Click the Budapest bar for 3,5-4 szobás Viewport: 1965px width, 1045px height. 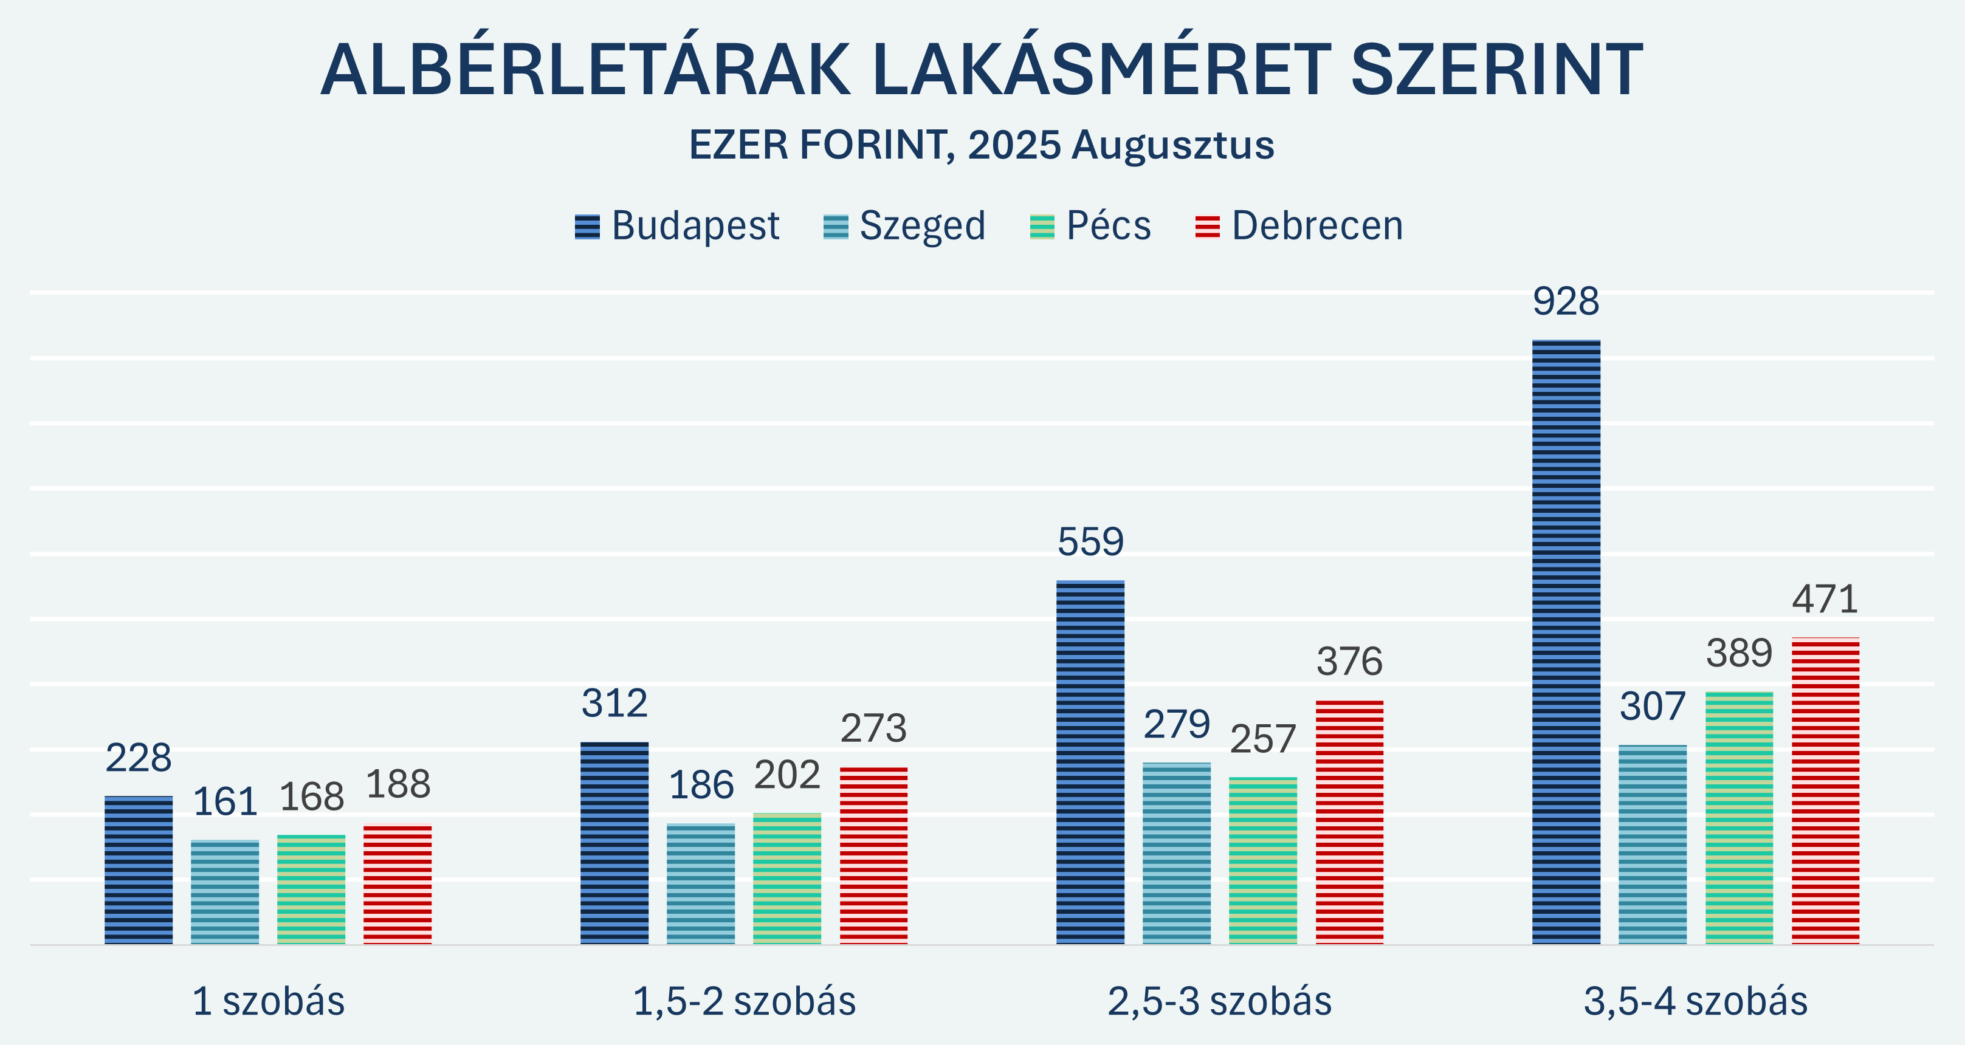tap(1566, 642)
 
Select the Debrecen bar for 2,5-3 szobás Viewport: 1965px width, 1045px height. tap(1349, 822)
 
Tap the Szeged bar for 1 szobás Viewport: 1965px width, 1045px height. tap(225, 893)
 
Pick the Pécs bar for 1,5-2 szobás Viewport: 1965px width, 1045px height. tap(787, 879)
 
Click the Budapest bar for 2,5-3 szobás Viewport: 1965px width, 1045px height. tap(1090, 762)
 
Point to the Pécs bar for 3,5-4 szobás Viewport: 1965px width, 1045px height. tap(1740, 818)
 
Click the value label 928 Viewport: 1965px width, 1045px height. tap(1566, 301)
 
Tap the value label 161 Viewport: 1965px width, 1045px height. tap(225, 802)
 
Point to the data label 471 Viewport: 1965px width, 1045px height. tap(1825, 599)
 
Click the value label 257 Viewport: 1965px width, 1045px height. tap(1263, 739)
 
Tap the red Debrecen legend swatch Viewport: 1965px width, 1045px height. tap(1208, 227)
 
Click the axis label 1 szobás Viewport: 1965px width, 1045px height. tap(269, 1001)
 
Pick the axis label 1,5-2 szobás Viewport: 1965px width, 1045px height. tap(745, 1001)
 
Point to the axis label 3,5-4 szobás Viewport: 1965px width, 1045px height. tap(1696, 1001)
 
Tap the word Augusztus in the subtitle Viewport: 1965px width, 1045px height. tap(1172, 145)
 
